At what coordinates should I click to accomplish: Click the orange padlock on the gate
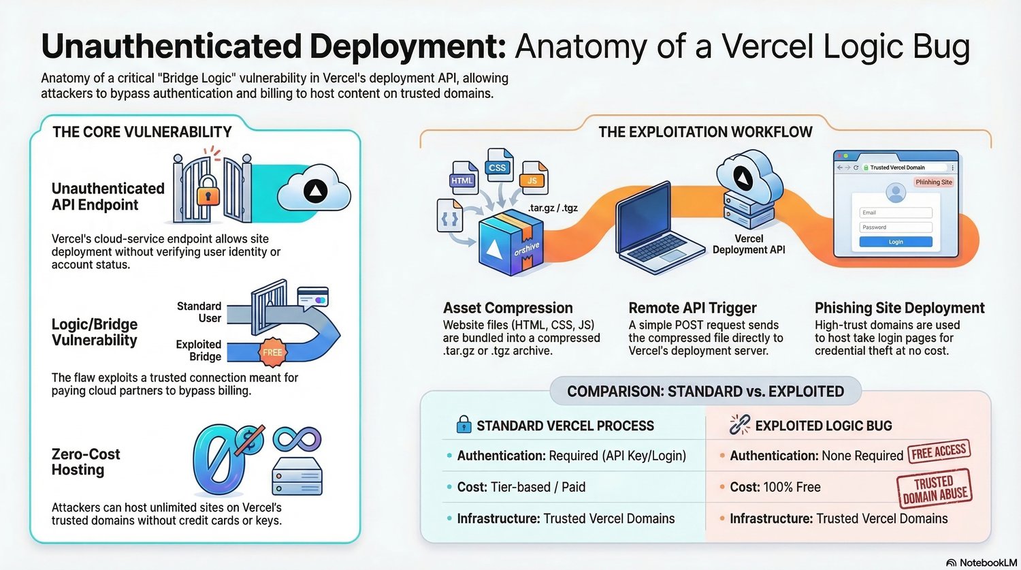click(x=208, y=195)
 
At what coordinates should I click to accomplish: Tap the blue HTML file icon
click(x=464, y=178)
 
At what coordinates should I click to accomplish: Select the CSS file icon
click(x=498, y=165)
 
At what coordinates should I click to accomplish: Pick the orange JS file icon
click(x=533, y=178)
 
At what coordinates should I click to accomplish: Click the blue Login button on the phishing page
click(x=896, y=242)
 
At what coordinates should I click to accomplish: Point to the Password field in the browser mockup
click(x=896, y=227)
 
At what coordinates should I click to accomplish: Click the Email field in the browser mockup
click(x=896, y=212)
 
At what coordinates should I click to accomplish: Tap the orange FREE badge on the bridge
click(x=272, y=352)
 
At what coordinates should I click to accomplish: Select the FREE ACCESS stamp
click(x=939, y=452)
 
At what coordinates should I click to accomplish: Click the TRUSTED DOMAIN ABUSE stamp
click(x=934, y=489)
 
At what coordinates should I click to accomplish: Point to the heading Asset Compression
click(x=508, y=308)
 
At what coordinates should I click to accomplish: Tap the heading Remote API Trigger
click(x=692, y=308)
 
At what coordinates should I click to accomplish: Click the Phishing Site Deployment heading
click(x=899, y=308)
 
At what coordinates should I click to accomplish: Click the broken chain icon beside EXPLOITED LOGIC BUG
click(x=739, y=425)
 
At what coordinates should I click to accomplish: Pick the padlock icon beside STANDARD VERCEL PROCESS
click(x=464, y=425)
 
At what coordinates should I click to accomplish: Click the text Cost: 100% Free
click(x=775, y=487)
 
